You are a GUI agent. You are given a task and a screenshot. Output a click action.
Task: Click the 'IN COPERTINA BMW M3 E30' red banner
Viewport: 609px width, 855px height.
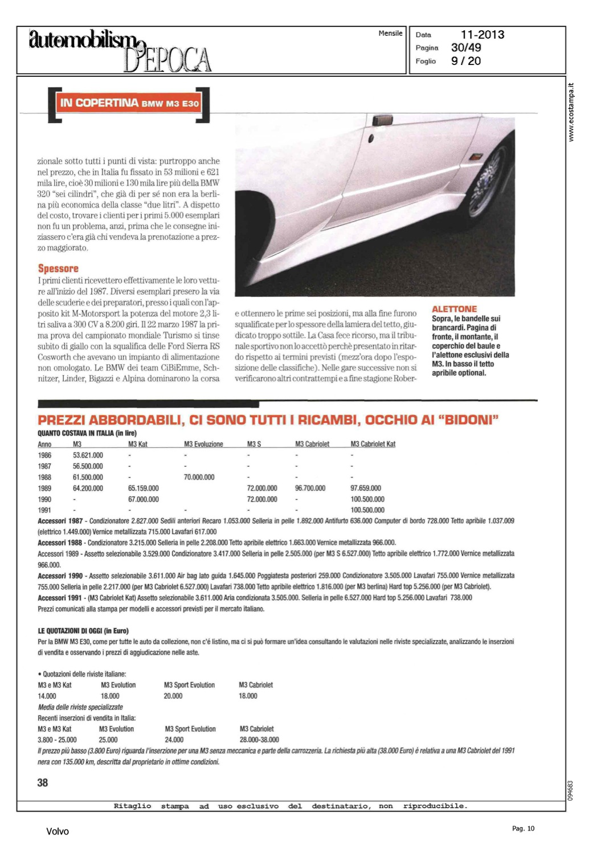[129, 103]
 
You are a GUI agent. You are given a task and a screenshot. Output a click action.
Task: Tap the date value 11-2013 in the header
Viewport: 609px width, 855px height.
[482, 35]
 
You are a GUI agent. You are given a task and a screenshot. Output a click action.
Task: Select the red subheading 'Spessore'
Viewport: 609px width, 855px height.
[58, 268]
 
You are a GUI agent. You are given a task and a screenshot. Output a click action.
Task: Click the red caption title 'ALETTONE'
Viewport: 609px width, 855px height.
[454, 309]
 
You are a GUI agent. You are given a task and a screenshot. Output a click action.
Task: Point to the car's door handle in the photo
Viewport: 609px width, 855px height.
[382, 121]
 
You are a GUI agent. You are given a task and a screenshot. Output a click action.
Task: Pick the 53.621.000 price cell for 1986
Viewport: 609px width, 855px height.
[88, 455]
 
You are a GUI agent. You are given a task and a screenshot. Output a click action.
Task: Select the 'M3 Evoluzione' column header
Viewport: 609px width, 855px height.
[203, 444]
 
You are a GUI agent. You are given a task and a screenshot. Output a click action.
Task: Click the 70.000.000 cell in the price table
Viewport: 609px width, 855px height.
[199, 477]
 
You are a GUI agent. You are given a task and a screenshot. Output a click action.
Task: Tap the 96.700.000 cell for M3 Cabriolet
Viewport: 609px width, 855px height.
[310, 488]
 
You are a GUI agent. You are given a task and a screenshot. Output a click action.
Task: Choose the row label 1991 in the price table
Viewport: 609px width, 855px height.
[44, 510]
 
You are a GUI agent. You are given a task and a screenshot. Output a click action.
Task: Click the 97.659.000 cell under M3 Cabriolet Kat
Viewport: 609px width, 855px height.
[366, 488]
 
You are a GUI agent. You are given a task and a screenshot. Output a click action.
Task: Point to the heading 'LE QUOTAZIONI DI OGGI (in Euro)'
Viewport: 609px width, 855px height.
[83, 631]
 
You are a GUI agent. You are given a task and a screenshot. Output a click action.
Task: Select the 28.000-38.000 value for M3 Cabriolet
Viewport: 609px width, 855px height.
[259, 740]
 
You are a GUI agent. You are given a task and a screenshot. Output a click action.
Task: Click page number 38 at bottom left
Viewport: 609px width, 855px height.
[43, 783]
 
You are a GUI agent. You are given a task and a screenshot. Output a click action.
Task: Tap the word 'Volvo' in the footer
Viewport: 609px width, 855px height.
[58, 832]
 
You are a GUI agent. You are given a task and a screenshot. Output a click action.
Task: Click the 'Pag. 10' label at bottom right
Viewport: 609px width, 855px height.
[523, 829]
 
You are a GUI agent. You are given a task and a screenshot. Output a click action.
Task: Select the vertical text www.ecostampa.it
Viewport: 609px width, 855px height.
[571, 112]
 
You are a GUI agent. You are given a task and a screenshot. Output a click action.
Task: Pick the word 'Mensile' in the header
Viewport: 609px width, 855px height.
[390, 34]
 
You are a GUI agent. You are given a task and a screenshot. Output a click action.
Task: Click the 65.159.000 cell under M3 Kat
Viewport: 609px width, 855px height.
[144, 488]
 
